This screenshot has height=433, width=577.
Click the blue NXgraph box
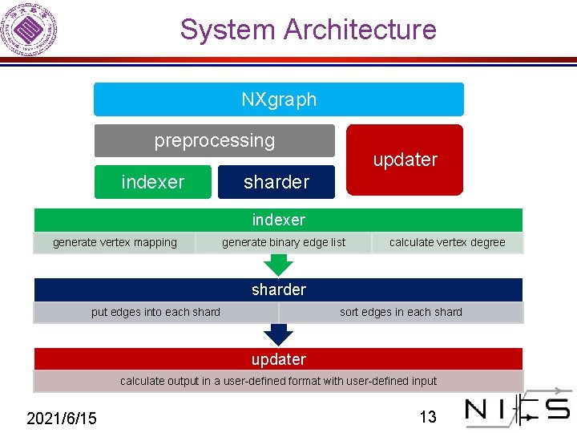pos(278,99)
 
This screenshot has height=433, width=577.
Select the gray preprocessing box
pos(214,140)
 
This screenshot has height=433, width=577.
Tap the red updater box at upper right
pos(405,160)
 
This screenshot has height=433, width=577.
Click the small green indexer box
pos(152,182)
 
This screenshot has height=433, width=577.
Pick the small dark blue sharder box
pos(276,182)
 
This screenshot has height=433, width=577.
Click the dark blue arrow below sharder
pos(279,335)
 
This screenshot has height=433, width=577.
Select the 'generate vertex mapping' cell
pos(115,242)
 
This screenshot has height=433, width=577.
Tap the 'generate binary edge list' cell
pos(284,242)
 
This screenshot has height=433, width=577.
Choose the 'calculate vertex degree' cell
pos(447,242)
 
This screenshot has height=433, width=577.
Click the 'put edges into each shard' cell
pos(155,312)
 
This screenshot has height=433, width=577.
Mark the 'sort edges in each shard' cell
pos(401,312)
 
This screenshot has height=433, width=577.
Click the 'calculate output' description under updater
pos(278,381)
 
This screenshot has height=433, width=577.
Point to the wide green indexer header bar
pos(278,220)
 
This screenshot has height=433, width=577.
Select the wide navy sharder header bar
pos(278,289)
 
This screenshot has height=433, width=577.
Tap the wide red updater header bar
pos(278,359)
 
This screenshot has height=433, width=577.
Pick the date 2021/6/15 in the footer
pos(62,418)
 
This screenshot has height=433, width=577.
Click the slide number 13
pos(428,417)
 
